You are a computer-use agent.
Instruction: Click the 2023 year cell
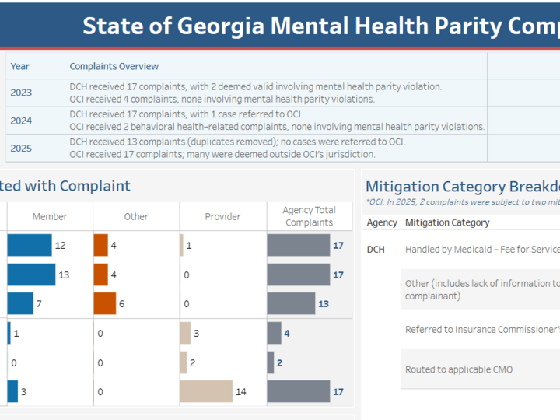[21, 93]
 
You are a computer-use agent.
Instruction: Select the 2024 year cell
[21, 121]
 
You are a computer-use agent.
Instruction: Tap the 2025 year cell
[21, 148]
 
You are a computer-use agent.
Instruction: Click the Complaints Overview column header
[114, 66]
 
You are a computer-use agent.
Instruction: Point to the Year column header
[19, 66]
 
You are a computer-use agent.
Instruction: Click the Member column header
[50, 216]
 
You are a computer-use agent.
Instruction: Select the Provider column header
[222, 216]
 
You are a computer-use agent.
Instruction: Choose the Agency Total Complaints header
[309, 216]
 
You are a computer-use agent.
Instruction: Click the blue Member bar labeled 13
[31, 275]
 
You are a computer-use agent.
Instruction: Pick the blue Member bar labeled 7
[20, 303]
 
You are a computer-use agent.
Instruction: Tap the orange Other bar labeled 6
[104, 303]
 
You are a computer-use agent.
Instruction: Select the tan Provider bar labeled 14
[206, 391]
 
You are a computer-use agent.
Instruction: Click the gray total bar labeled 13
[291, 303]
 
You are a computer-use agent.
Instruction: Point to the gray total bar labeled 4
[274, 333]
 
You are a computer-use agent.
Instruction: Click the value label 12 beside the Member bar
[60, 246]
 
